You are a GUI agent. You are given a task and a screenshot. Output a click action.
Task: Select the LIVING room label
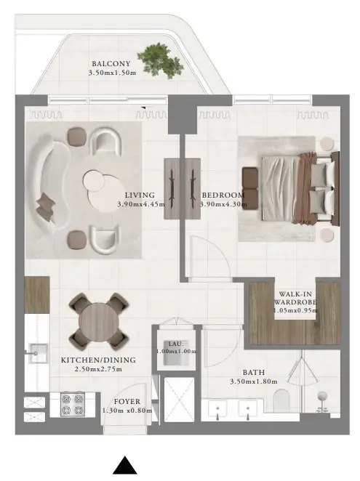(x=138, y=195)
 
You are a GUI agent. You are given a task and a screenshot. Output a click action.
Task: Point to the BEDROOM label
(x=222, y=195)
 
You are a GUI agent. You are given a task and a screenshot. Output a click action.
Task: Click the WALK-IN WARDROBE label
(x=294, y=299)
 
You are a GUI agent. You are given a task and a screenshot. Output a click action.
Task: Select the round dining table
(x=97, y=320)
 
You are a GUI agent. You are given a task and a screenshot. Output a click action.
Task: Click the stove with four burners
(x=72, y=404)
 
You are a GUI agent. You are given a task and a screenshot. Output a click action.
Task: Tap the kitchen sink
(x=33, y=355)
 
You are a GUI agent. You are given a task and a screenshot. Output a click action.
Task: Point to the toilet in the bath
(x=282, y=400)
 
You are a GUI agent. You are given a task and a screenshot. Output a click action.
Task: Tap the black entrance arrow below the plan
(x=125, y=466)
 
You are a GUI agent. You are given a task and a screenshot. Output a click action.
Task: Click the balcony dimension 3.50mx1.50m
(x=112, y=73)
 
